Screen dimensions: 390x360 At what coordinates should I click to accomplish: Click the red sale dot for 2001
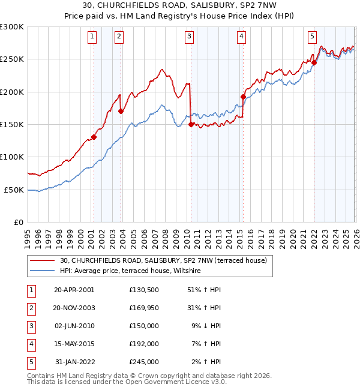click(x=94, y=137)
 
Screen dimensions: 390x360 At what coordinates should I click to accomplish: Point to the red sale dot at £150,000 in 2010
click(x=191, y=124)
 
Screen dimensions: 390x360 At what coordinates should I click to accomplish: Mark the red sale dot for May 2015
click(x=243, y=97)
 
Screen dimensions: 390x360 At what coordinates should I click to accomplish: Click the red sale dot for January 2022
click(x=314, y=62)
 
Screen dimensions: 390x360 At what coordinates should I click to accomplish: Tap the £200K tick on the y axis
click(x=12, y=92)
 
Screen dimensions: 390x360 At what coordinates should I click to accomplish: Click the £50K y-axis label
click(x=14, y=190)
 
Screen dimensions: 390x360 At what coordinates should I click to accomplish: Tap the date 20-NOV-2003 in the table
click(x=74, y=308)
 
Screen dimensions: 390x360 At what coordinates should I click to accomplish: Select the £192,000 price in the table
click(x=143, y=344)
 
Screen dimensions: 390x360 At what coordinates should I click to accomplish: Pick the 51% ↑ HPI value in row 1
click(x=204, y=290)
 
